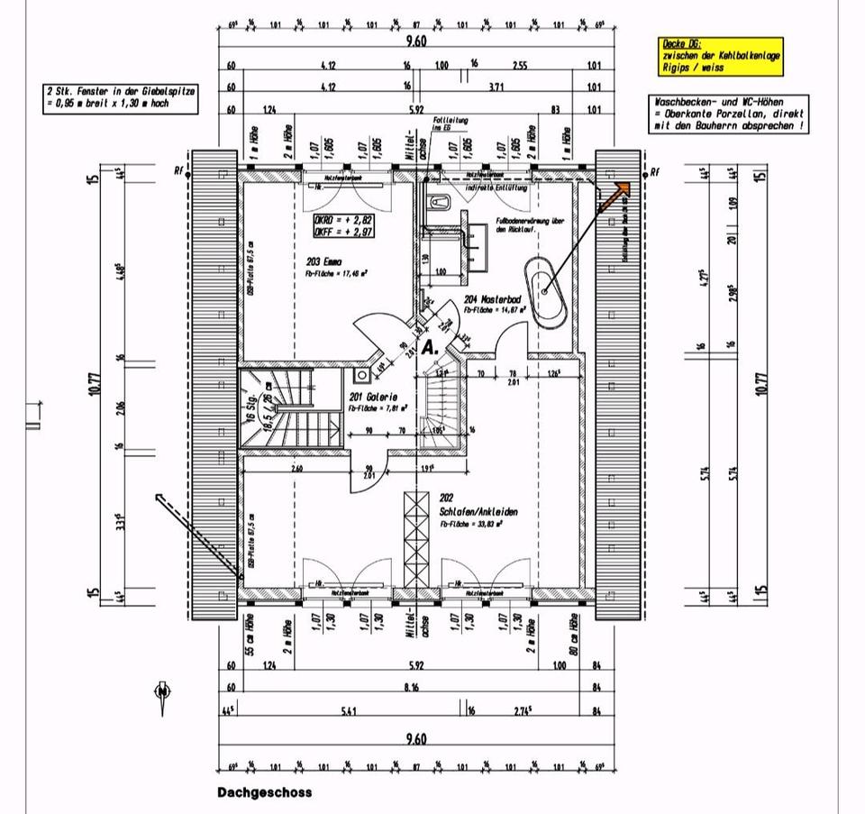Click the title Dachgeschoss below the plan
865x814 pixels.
tap(264, 792)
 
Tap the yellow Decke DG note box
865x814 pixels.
tap(721, 55)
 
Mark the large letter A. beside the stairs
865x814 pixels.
tap(430, 346)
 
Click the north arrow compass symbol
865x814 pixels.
tap(162, 691)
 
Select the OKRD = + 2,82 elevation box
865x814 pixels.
tap(343, 225)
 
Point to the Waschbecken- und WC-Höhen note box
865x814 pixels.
tap(730, 115)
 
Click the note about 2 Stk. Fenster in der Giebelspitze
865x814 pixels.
tap(122, 97)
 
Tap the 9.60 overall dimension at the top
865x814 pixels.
tap(415, 41)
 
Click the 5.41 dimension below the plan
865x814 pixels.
tap(349, 711)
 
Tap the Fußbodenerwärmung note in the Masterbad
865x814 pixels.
tap(530, 225)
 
